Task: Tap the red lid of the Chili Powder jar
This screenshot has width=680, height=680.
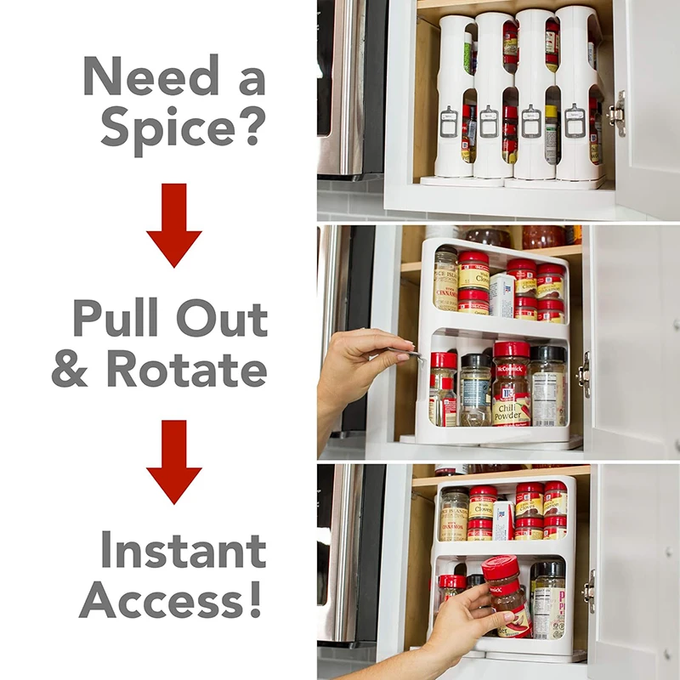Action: coord(512,350)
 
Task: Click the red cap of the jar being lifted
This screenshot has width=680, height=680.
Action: coord(502,568)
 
